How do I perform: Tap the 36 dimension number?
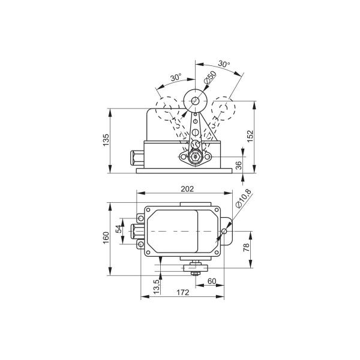pyautogui.click(x=239, y=165)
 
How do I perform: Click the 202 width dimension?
pyautogui.click(x=187, y=189)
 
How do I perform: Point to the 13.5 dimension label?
pyautogui.click(x=157, y=286)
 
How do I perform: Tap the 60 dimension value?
pyautogui.click(x=211, y=280)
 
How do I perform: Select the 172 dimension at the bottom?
pyautogui.click(x=183, y=293)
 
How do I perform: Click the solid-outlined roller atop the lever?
pyautogui.click(x=196, y=101)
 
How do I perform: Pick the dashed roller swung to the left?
pyautogui.click(x=167, y=110)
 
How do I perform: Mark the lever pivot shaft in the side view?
pyautogui.click(x=195, y=157)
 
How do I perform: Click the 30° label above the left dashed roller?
pyautogui.click(x=176, y=78)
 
